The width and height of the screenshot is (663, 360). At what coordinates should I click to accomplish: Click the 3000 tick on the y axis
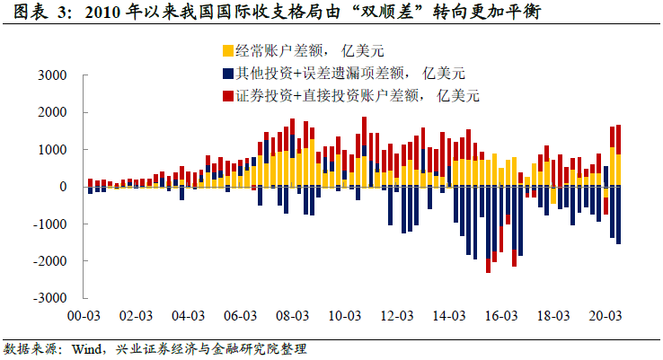coord(55,75)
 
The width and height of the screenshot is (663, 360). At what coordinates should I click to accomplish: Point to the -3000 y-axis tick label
coord(52,298)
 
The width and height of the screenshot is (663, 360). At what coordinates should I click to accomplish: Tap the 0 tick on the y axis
coord(66,187)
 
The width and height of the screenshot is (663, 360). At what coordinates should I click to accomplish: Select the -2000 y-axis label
coord(52,261)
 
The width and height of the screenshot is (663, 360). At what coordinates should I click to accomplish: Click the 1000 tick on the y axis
coord(55,150)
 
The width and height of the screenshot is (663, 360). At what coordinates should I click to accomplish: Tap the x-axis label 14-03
coord(449,316)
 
